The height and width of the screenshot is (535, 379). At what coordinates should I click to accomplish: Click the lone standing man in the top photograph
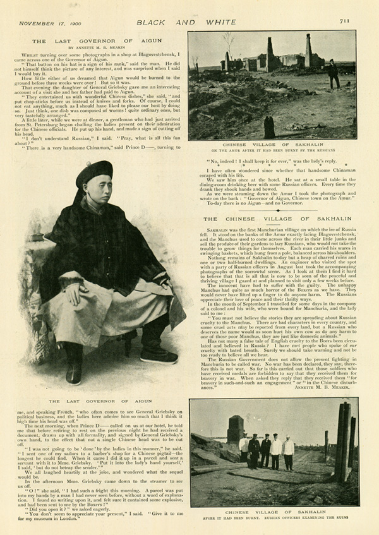tap(333, 73)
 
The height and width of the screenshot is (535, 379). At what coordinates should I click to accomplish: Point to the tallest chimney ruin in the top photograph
tap(310, 51)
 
